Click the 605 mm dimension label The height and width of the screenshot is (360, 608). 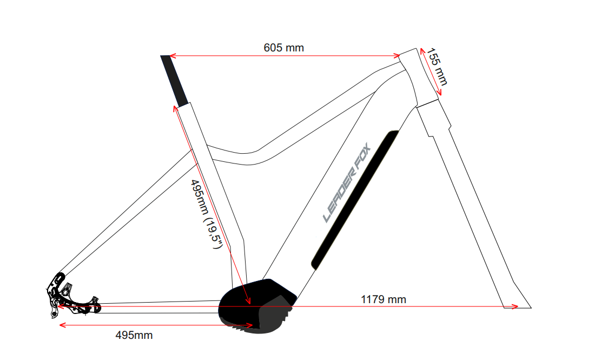tap(284, 48)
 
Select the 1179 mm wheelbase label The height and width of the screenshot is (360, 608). tap(384, 299)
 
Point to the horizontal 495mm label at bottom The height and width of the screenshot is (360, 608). tap(134, 335)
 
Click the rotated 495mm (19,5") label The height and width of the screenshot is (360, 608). tap(206, 214)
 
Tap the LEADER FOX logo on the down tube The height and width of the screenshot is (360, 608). tap(347, 182)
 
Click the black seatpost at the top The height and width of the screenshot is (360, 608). tap(174, 81)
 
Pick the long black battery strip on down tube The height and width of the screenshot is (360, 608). tap(355, 200)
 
